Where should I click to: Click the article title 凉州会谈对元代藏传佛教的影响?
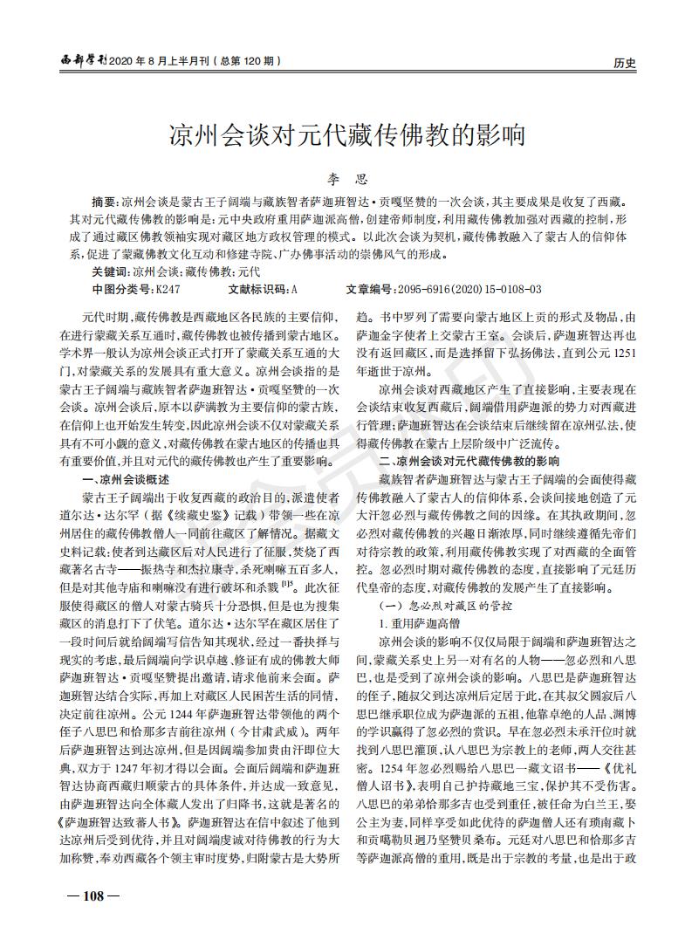346,135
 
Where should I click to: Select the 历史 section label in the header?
624,63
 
